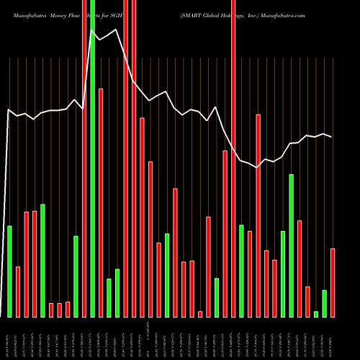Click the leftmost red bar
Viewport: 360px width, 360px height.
(18, 292)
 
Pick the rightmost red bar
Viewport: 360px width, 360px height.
(333, 282)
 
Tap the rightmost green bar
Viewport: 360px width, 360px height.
(325, 303)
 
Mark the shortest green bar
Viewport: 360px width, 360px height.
(316, 313)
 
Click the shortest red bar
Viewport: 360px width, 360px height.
(200, 313)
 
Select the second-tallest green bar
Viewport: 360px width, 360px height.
(292, 245)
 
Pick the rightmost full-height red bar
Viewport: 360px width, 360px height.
(233, 158)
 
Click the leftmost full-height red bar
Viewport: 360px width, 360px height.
(84, 158)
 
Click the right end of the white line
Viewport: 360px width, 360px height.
(332, 137)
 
